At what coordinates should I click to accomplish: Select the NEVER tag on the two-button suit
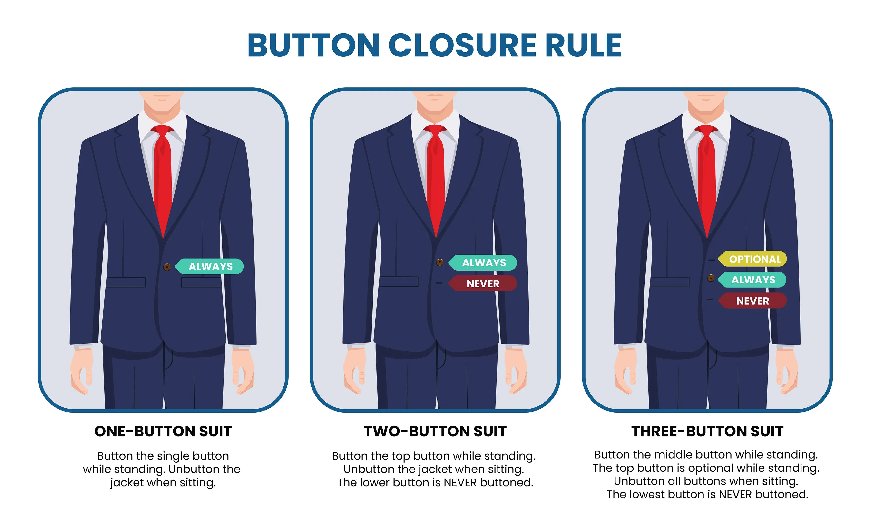click(482, 284)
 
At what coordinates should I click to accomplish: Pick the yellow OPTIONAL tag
click(753, 259)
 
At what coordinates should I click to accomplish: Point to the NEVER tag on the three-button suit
click(753, 301)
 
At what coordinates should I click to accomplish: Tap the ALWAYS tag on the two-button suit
click(482, 263)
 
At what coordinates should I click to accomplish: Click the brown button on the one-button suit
click(167, 267)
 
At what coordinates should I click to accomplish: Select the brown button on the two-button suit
click(440, 263)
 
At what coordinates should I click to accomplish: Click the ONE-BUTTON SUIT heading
click(163, 431)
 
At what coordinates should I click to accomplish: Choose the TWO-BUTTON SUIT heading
click(435, 431)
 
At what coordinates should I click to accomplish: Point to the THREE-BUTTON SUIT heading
click(707, 431)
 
